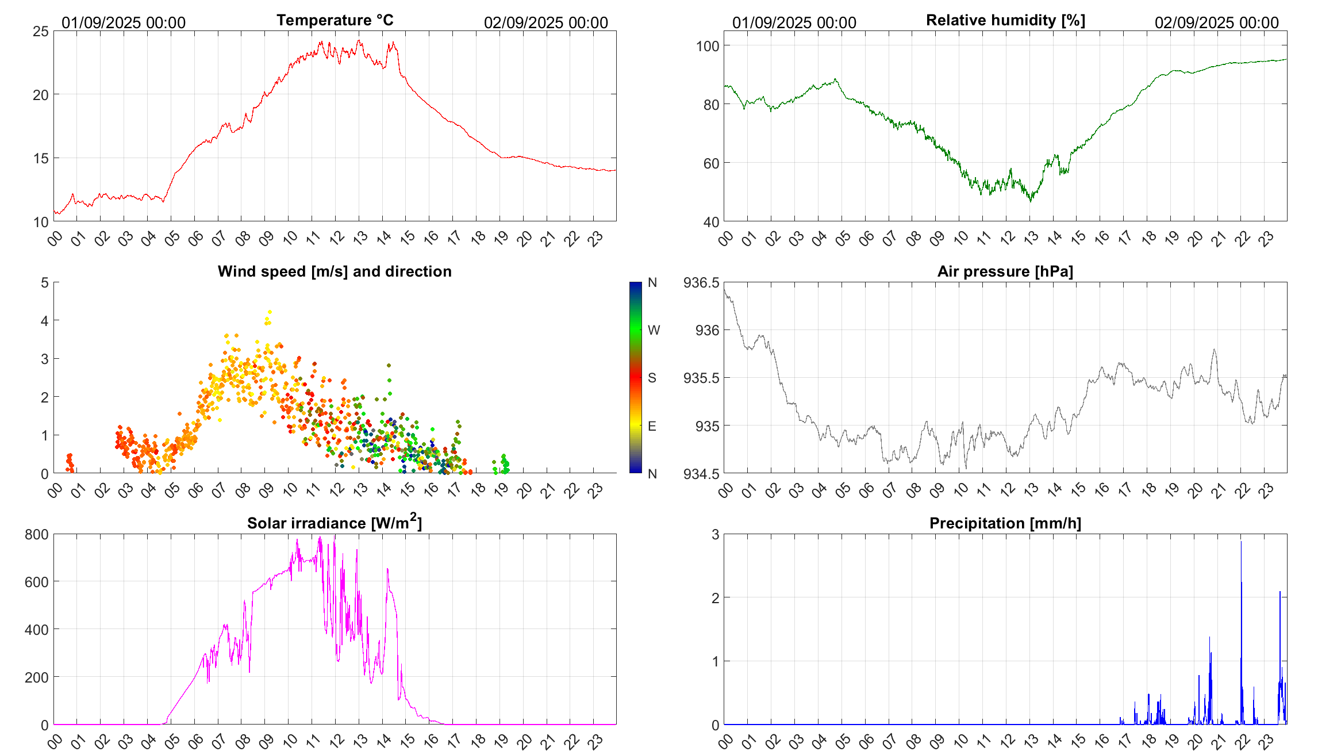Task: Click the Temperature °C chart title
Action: coord(335,20)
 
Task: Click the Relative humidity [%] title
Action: coord(1005,20)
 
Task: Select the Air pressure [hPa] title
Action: coord(1005,271)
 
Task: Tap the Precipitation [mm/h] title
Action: coord(1005,523)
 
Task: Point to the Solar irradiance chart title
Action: coord(335,523)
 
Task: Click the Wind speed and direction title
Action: coord(335,271)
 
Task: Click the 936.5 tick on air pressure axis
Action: coord(701,282)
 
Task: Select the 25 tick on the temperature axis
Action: coord(41,31)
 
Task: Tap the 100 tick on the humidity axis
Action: coord(707,46)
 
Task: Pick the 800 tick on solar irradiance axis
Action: coord(37,534)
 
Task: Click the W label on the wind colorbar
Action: coord(654,330)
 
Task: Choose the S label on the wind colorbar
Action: coord(652,378)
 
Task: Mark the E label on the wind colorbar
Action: coord(652,426)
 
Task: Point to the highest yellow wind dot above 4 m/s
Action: coord(270,312)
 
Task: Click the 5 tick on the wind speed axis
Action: coord(45,282)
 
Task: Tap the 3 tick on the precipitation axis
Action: coord(715,534)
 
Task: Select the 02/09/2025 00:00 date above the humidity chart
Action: coord(1216,22)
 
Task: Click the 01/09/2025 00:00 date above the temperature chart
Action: coord(124,22)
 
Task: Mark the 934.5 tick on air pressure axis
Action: coord(701,474)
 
